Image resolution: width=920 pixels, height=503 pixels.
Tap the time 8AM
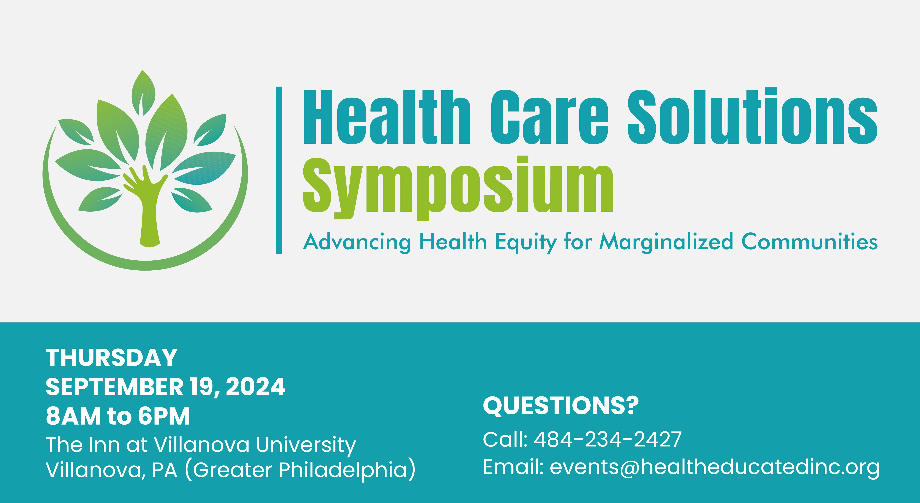point(73,416)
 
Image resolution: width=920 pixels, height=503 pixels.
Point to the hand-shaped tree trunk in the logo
point(147,207)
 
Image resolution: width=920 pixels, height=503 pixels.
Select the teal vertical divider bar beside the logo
point(279,170)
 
